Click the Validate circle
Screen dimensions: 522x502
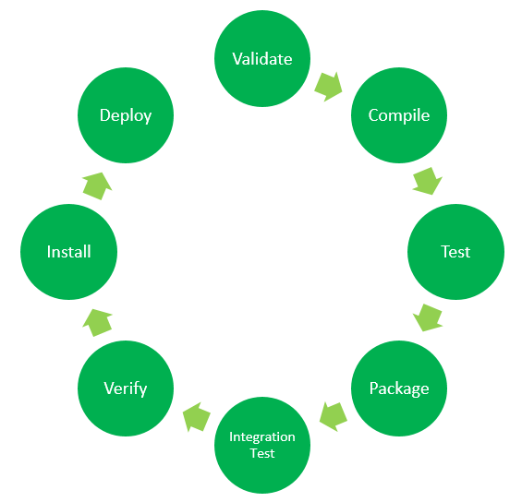click(x=262, y=58)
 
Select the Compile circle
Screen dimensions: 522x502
click(x=399, y=115)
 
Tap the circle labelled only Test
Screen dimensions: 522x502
click(x=455, y=252)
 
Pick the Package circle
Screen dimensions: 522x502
click(x=399, y=388)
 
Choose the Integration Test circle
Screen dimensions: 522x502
click(x=262, y=445)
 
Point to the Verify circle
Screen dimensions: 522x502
click(x=126, y=388)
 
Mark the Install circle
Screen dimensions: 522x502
click(x=69, y=252)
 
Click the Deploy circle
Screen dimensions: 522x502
click(x=126, y=115)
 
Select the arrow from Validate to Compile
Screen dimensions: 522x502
click(x=329, y=87)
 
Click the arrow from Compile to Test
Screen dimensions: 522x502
click(x=428, y=181)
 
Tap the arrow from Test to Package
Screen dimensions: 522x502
click(x=428, y=317)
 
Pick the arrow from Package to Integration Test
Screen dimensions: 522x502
click(x=333, y=416)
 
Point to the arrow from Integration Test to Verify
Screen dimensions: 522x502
click(x=197, y=417)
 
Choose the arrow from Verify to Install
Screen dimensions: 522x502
click(x=97, y=322)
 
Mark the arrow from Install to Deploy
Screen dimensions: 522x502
click(x=97, y=186)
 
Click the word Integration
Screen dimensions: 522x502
click(x=262, y=437)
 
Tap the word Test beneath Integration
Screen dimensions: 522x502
click(x=262, y=453)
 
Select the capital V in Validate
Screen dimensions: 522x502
click(x=237, y=59)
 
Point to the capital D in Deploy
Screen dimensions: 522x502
click(x=105, y=115)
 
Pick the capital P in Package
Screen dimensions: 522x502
click(x=374, y=388)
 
